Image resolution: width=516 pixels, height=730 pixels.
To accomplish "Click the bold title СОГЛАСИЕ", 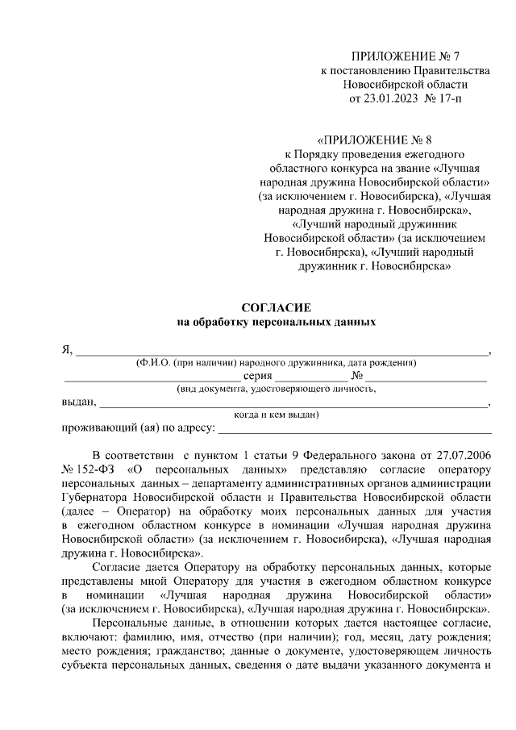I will click(x=277, y=308).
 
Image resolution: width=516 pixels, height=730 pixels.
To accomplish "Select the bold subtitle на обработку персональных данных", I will click(x=277, y=322).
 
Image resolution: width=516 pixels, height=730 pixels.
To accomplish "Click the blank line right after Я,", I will click(x=282, y=351).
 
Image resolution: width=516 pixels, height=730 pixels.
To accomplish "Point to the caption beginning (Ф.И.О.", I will click(x=277, y=363).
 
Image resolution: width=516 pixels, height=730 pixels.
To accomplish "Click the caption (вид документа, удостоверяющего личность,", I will click(x=277, y=389).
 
